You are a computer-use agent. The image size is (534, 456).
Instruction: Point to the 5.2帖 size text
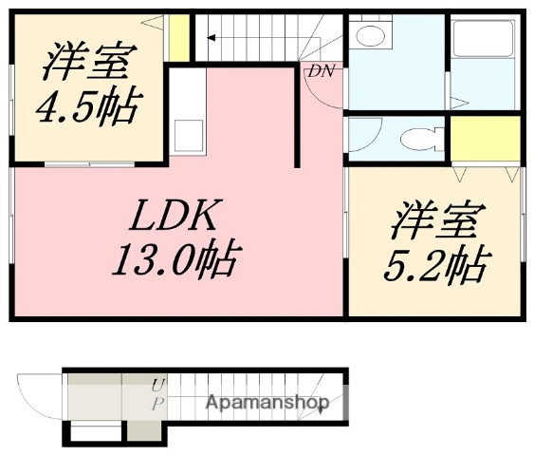[435, 264]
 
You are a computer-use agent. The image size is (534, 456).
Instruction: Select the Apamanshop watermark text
[268, 403]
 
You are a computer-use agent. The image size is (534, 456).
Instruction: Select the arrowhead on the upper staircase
[211, 39]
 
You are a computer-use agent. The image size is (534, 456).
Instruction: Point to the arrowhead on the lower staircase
[324, 401]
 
